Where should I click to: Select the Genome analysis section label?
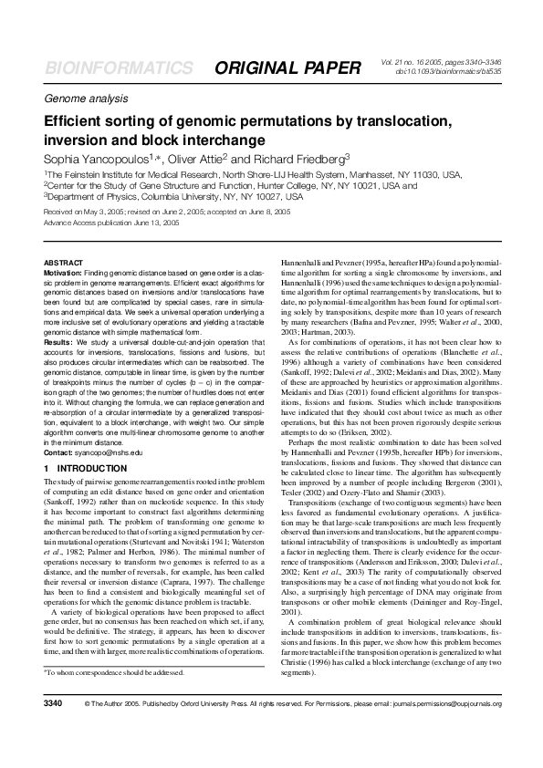point(83,98)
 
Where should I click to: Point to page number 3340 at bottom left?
point(54,730)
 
